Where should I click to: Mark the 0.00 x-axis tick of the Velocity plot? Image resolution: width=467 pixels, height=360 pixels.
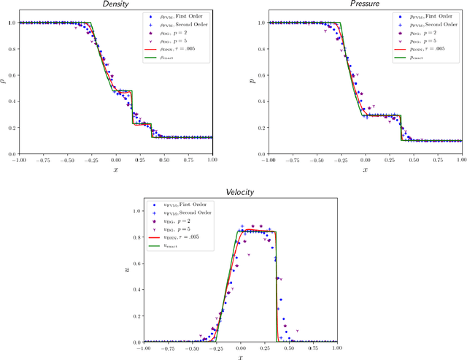(x=240, y=348)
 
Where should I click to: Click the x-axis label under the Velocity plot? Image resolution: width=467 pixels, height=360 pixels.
(x=240, y=357)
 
